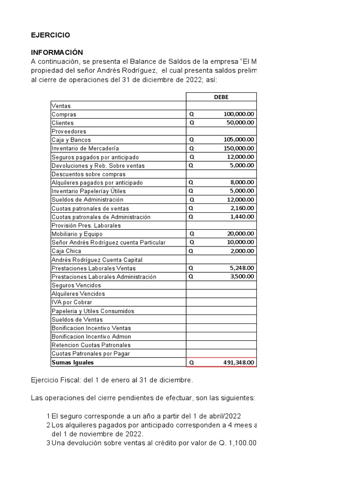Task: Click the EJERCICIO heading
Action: (51, 35)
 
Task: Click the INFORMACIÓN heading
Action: (57, 52)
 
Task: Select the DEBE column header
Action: (221, 97)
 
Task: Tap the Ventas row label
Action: (61, 106)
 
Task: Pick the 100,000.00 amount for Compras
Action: (239, 114)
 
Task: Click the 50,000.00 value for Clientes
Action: (241, 123)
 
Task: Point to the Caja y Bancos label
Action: (71, 140)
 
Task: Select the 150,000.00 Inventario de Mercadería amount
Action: (239, 149)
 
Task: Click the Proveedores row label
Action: (69, 131)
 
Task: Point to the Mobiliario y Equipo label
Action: (77, 234)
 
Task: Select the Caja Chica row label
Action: (66, 251)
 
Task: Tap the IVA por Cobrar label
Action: (72, 302)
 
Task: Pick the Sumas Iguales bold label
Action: (73, 362)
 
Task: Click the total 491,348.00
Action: (239, 363)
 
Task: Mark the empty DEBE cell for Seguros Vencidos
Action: (221, 285)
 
